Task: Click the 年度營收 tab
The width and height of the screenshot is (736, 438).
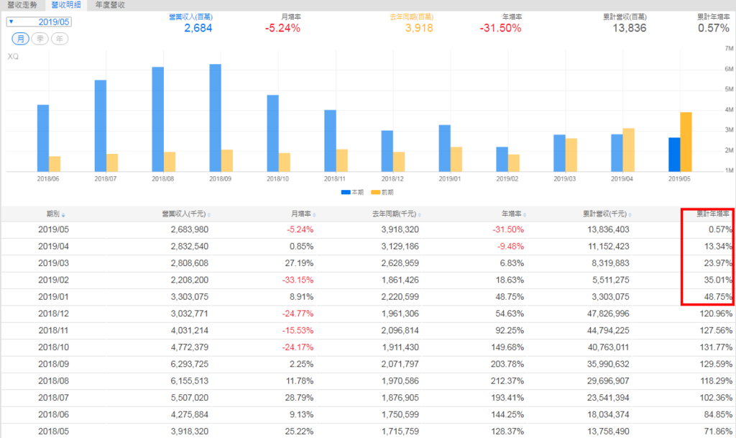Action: [110, 5]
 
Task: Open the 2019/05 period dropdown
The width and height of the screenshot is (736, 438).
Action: [40, 22]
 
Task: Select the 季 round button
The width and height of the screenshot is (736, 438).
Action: [40, 38]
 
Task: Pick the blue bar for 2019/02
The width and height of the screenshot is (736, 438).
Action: [502, 159]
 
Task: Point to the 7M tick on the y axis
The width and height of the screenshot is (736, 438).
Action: [728, 48]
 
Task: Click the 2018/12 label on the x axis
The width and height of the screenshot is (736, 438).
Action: [392, 178]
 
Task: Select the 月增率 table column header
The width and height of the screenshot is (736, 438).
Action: [301, 214]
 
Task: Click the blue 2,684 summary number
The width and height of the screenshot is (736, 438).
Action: [199, 28]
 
